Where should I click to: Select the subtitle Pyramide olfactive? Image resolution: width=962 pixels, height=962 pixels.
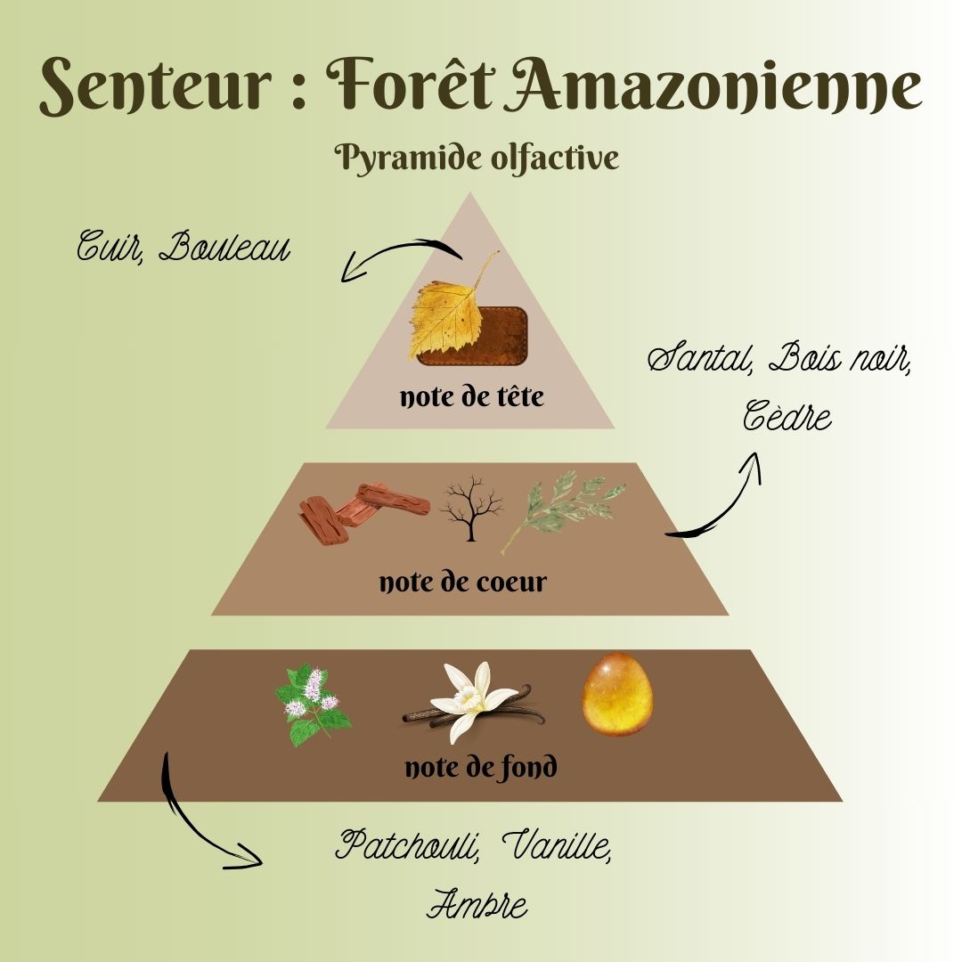click(x=477, y=159)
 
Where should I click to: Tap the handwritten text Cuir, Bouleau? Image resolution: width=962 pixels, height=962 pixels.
click(x=183, y=246)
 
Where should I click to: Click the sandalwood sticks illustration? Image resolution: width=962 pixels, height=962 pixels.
click(x=361, y=512)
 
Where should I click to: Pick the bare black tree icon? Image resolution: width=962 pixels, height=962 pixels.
click(x=471, y=508)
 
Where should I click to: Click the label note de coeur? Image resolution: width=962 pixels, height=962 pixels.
click(x=462, y=583)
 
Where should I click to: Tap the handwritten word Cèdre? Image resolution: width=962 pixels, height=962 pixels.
click(x=787, y=416)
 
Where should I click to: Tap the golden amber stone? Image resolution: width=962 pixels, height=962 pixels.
click(x=616, y=695)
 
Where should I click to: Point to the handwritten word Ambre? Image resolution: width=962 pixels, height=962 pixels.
click(x=477, y=904)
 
